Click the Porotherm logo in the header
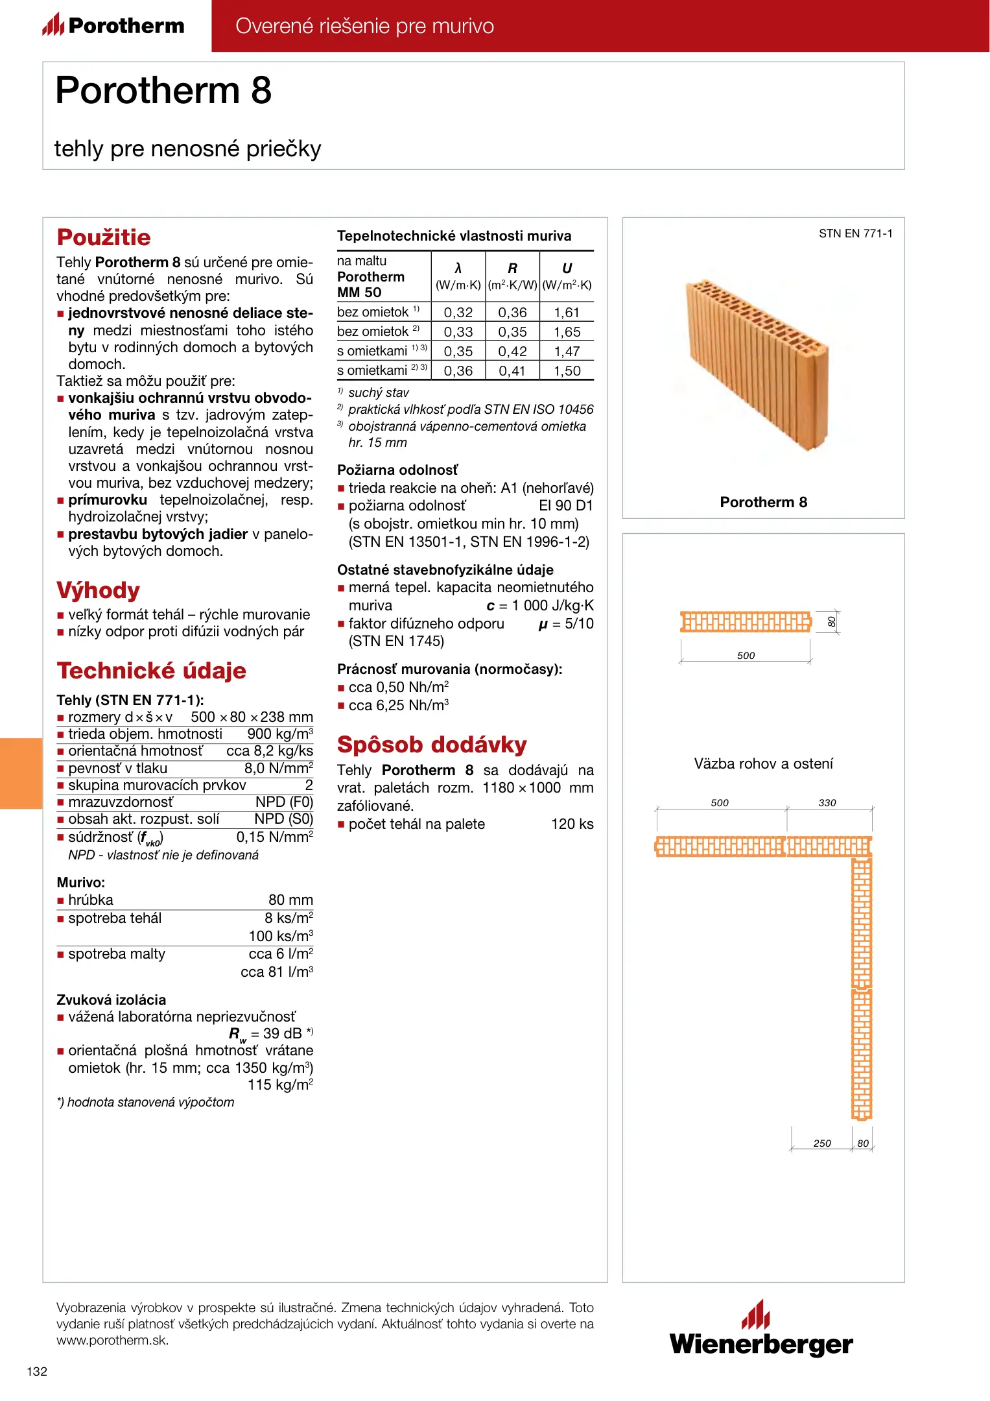coord(113,25)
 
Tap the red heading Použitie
coord(104,237)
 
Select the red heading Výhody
coord(98,590)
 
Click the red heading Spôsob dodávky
coord(432,745)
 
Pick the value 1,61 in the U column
coord(567,313)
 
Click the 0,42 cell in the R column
coord(512,352)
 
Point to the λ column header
coord(458,269)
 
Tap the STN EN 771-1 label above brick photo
coord(855,233)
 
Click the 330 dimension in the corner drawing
coord(827,803)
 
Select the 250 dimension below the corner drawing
coord(822,1144)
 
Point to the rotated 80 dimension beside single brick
coord(832,622)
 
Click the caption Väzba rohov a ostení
coord(763,764)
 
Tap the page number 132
coord(37,1371)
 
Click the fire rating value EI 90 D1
coord(565,506)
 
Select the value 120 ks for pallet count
coord(572,824)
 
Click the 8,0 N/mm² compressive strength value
coord(278,769)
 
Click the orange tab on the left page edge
coord(21,773)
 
